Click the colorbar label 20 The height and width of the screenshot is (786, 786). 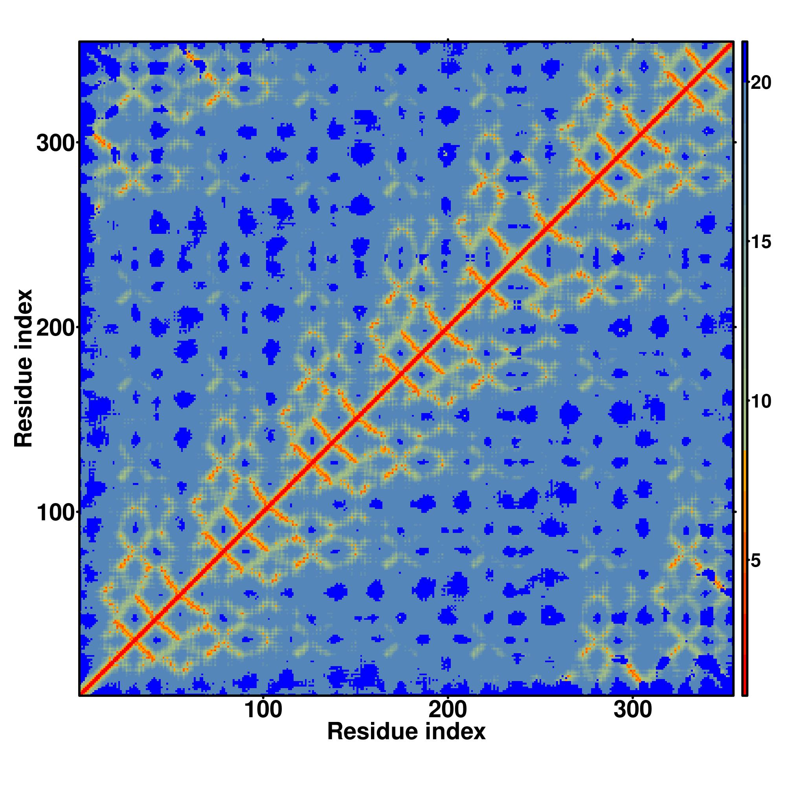[760, 83]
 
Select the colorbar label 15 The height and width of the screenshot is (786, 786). [760, 242]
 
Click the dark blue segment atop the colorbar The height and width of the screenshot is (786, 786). [744, 61]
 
